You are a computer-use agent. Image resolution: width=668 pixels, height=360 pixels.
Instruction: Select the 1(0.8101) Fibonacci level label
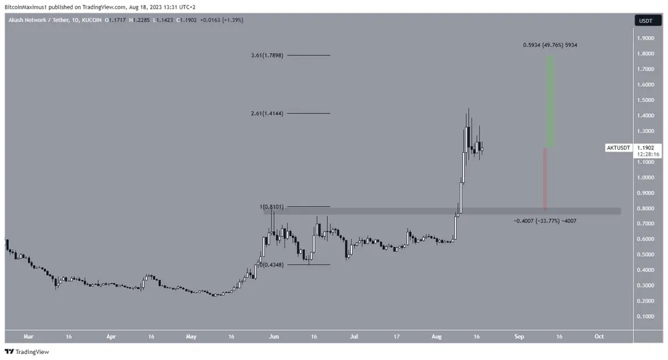pos(271,207)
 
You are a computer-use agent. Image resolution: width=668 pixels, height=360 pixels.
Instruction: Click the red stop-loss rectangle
pos(545,178)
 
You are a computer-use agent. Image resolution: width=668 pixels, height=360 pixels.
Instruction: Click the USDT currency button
pos(646,21)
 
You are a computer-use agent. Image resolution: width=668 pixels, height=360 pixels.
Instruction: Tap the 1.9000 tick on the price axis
pos(646,38)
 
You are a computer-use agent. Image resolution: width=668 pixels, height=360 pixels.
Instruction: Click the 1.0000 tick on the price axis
pos(646,178)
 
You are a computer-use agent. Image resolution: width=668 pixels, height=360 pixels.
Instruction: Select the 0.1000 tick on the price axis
pos(646,317)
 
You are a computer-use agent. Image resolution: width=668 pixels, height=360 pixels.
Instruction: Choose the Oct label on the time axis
pos(599,337)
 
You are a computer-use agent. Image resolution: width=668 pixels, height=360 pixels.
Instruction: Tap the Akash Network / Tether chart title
pos(39,21)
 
